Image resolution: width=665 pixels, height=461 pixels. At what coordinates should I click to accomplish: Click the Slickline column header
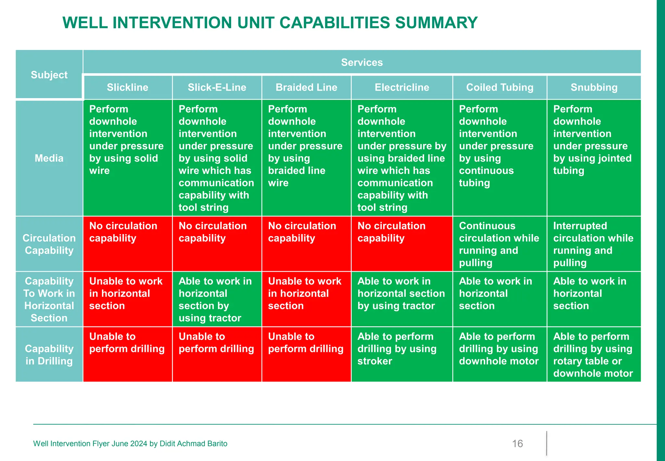coord(127,87)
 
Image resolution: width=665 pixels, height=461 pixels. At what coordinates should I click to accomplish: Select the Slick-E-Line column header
coord(217,87)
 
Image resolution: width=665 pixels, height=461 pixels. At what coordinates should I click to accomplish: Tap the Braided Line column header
coord(306,87)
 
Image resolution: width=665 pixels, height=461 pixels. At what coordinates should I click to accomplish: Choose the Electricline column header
coord(402,87)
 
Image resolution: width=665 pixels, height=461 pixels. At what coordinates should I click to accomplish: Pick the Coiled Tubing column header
coord(500,87)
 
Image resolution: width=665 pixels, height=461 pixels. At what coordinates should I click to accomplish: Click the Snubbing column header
coord(594,87)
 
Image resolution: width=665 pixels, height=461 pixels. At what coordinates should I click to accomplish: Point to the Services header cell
coord(362,62)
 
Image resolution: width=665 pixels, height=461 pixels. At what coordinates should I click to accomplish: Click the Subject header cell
coord(49,75)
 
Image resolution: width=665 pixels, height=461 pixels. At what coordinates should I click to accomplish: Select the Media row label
coord(49,158)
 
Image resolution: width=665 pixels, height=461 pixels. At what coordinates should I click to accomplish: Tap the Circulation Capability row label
coord(49,244)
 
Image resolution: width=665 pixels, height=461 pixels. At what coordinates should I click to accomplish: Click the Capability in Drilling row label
coord(49,355)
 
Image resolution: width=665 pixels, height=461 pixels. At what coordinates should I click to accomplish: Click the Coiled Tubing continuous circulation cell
coord(499,244)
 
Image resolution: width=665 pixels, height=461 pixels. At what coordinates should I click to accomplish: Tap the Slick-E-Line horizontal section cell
coord(217,299)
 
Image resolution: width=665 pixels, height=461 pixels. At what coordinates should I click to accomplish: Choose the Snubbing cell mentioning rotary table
coord(594,355)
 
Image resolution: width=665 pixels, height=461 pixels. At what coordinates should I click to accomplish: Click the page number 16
coord(517,443)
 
